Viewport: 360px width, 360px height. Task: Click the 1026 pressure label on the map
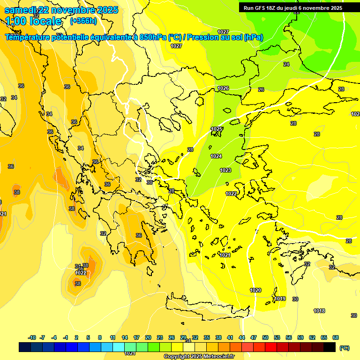223,89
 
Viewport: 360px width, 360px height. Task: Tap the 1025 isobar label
217,129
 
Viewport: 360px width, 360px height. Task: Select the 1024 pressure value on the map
216,157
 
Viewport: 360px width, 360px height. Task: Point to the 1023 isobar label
225,170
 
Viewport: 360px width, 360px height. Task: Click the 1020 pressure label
255,291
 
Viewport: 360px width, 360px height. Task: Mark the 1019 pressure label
280,299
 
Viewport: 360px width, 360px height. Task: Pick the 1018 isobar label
319,311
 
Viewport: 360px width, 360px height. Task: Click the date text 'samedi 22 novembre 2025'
61,10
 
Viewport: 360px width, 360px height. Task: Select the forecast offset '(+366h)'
83,21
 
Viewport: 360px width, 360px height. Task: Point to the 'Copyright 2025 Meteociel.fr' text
199,357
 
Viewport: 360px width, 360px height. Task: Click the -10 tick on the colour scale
32,337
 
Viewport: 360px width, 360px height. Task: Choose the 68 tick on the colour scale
335,337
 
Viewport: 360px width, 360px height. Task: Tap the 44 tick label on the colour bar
242,337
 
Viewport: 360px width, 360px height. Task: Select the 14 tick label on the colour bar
125,337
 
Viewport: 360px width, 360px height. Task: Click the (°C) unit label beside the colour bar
345,347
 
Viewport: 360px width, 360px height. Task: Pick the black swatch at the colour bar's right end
330,347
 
